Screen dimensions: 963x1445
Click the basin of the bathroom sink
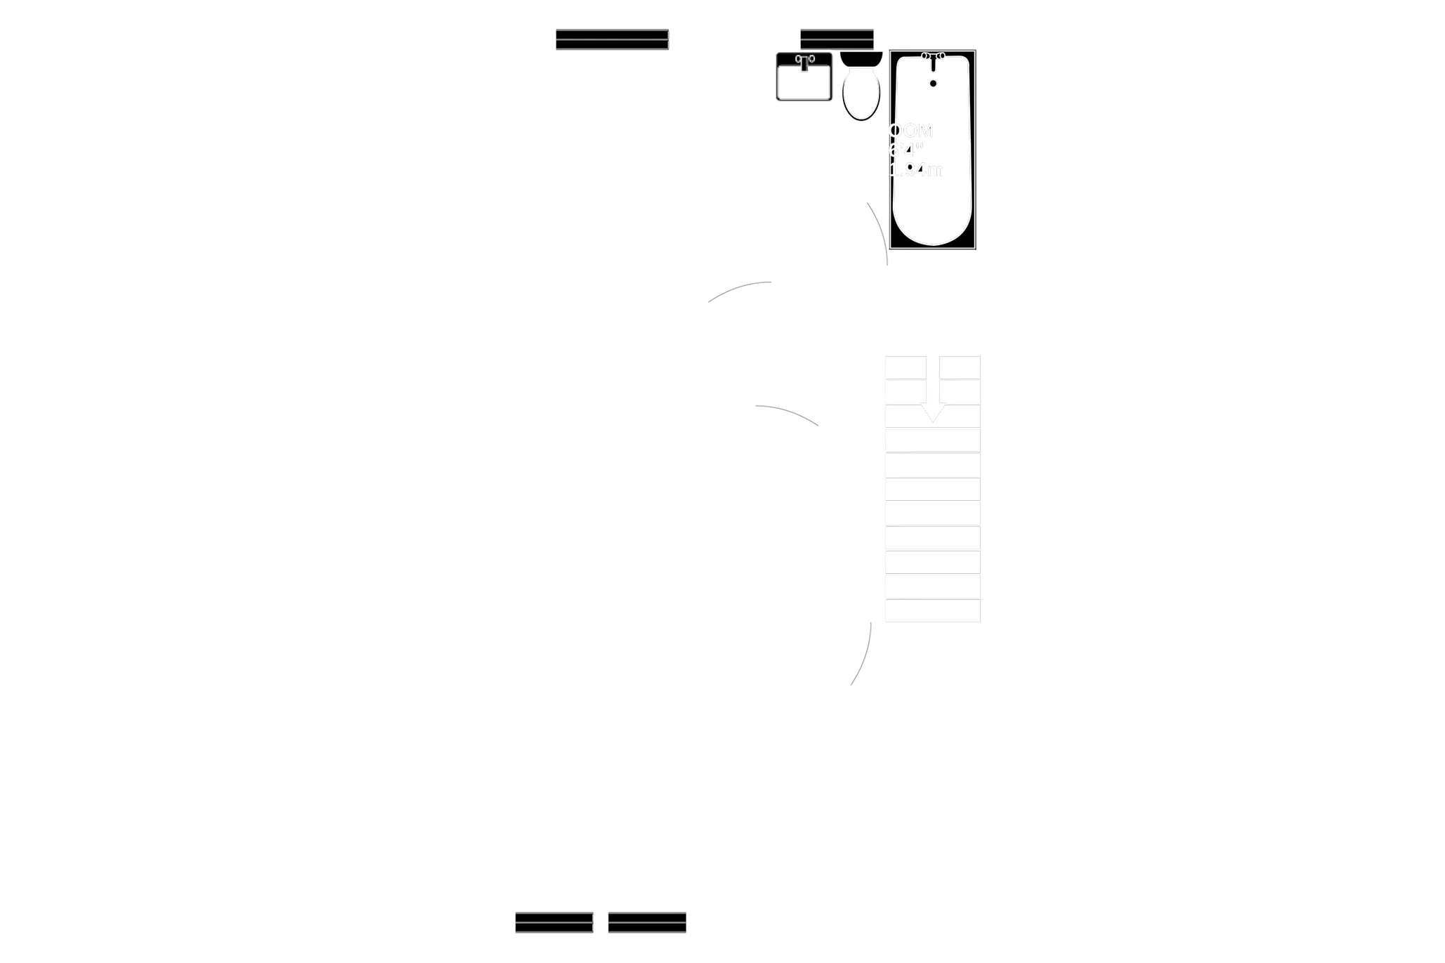[804, 83]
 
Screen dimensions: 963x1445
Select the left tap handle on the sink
[797, 59]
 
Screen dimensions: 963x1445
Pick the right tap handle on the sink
[811, 59]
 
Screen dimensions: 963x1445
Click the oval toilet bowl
[861, 95]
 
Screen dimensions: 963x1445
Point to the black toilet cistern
[861, 58]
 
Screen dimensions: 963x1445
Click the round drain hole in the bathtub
[934, 84]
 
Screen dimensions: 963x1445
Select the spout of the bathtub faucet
[934, 65]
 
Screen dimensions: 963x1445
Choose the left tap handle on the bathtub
[926, 55]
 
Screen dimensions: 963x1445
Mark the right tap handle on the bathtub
[941, 55]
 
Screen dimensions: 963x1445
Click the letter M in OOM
[924, 131]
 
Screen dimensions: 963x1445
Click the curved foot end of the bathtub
[933, 232]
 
